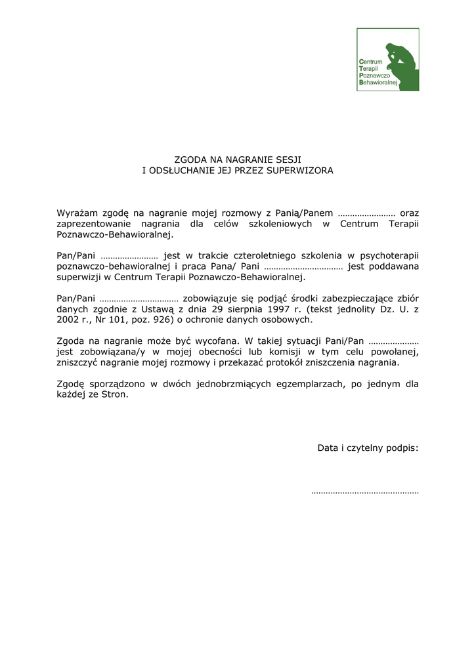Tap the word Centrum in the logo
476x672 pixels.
371,62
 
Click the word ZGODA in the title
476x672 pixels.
190,159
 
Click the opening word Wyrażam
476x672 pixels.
76,213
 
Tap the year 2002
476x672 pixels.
68,320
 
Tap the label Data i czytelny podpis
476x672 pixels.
368,448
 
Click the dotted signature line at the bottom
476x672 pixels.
364,491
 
